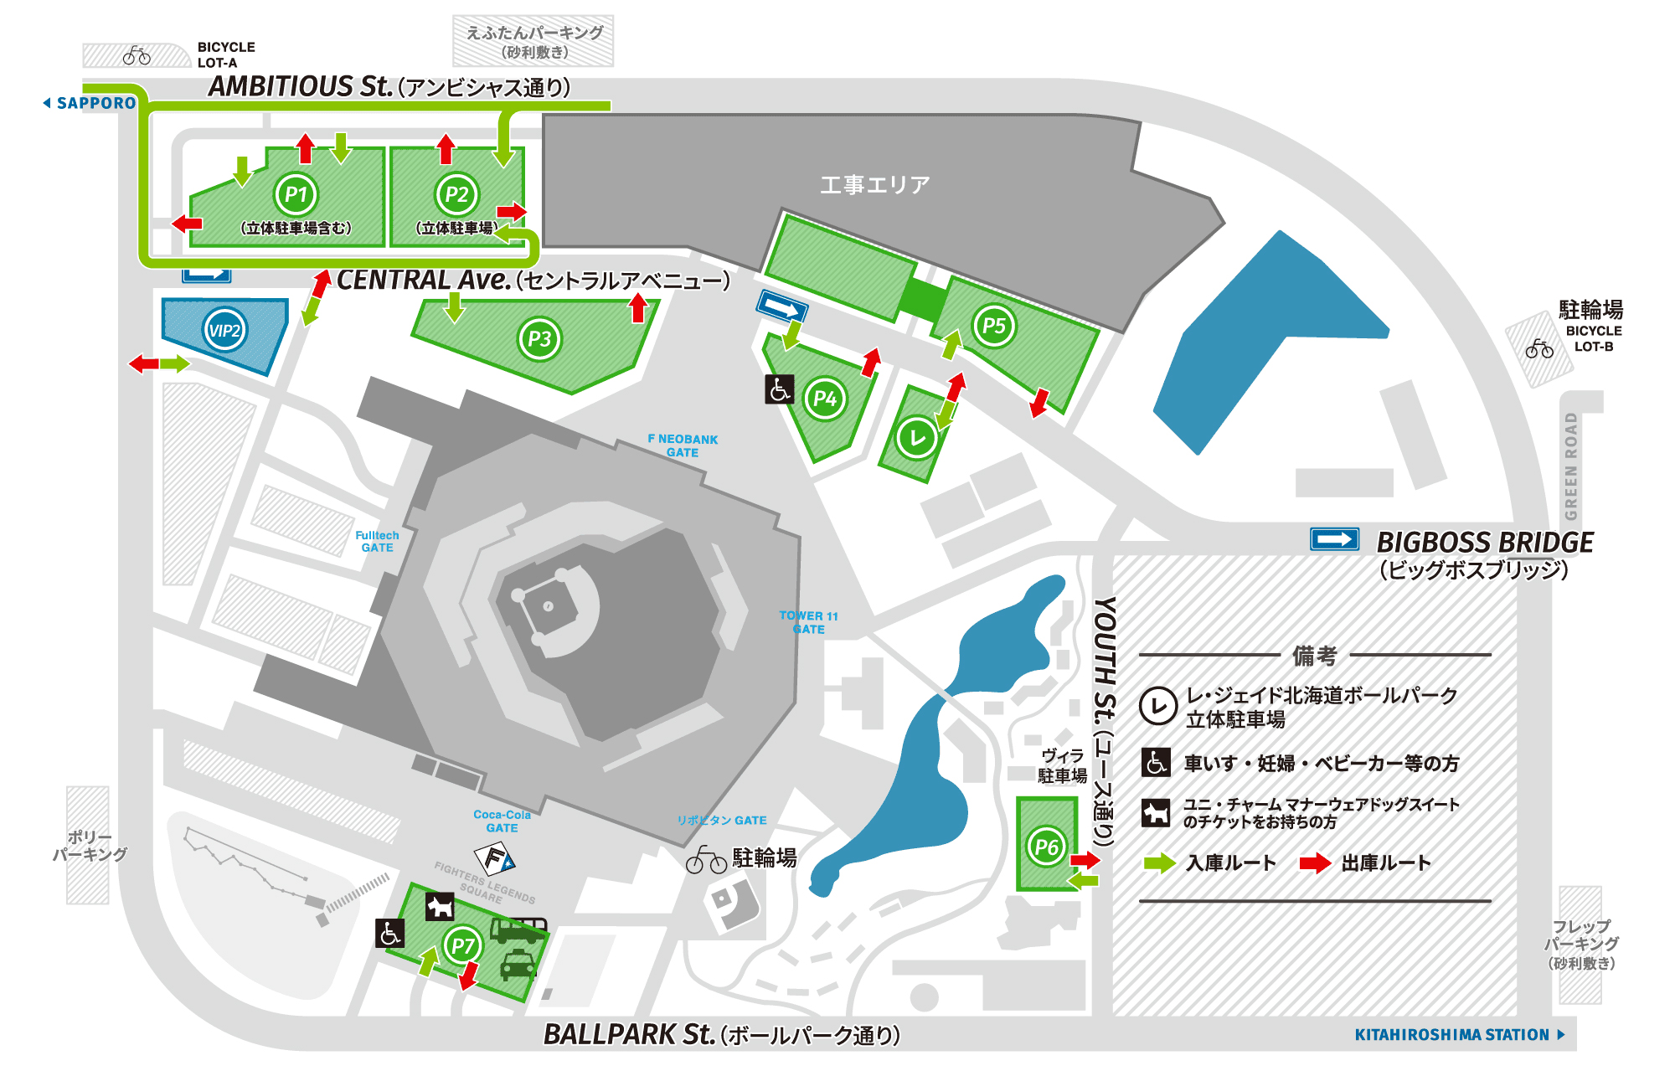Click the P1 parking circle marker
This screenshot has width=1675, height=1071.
[296, 194]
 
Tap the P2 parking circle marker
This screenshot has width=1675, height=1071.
[456, 194]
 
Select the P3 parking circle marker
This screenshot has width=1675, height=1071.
[539, 339]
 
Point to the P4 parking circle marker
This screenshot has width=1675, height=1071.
[825, 399]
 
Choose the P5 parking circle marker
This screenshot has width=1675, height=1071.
[993, 326]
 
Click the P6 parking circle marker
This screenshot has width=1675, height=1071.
[1046, 847]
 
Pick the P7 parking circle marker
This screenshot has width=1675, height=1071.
[462, 946]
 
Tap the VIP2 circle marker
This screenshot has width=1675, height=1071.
[224, 330]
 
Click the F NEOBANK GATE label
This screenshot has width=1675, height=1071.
[683, 445]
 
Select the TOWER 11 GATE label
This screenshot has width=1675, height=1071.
[808, 622]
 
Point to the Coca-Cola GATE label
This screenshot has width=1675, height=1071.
[502, 821]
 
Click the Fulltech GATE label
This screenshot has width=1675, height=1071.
[377, 541]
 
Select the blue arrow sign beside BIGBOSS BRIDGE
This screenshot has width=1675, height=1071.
[1334, 539]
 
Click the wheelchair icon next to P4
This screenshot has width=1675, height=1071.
[779, 389]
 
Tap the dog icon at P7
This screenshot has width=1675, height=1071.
[440, 906]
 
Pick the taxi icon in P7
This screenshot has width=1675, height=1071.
[518, 965]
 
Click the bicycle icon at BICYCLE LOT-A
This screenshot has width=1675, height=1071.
[137, 56]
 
